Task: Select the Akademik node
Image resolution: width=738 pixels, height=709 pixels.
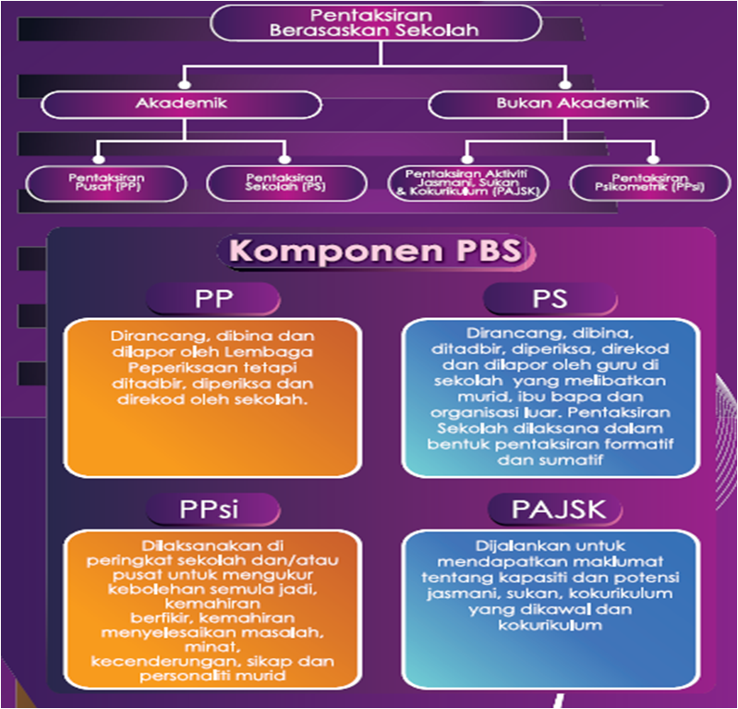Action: coord(181,103)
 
